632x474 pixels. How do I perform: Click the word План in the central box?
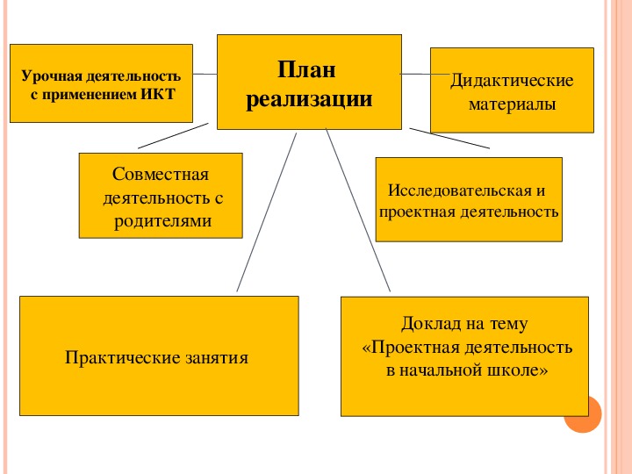tap(306, 69)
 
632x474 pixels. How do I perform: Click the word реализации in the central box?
tap(309, 99)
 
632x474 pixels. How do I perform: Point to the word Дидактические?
tap(512, 81)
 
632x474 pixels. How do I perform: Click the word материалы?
tap(512, 104)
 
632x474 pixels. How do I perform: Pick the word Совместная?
tap(161, 174)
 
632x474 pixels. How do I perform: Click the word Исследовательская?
tap(460, 190)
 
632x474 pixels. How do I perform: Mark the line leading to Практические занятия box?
tap(267, 212)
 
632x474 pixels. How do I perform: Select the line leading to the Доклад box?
tap(358, 210)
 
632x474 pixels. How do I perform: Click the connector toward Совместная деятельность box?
tap(173, 136)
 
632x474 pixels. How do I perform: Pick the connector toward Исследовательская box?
tap(449, 139)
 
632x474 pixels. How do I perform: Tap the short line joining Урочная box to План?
tap(205, 74)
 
